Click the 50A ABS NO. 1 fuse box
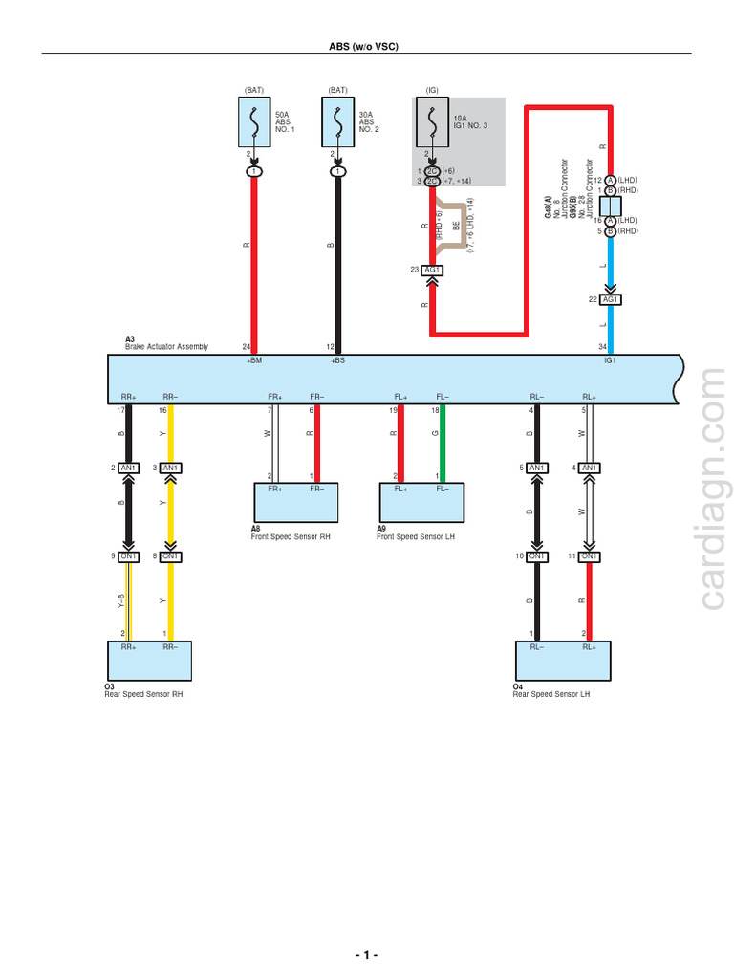pyautogui.click(x=253, y=122)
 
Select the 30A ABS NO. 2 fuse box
pyautogui.click(x=336, y=122)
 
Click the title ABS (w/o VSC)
pyautogui.click(x=366, y=45)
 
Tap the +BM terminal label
pyautogui.click(x=253, y=361)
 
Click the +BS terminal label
pyautogui.click(x=337, y=361)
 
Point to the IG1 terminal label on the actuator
pyautogui.click(x=611, y=361)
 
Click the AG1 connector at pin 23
pyautogui.click(x=433, y=271)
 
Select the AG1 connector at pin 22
pyautogui.click(x=612, y=300)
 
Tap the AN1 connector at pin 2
pyautogui.click(x=129, y=468)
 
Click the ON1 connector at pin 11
pyautogui.click(x=590, y=556)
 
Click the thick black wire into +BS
pyautogui.click(x=337, y=258)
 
